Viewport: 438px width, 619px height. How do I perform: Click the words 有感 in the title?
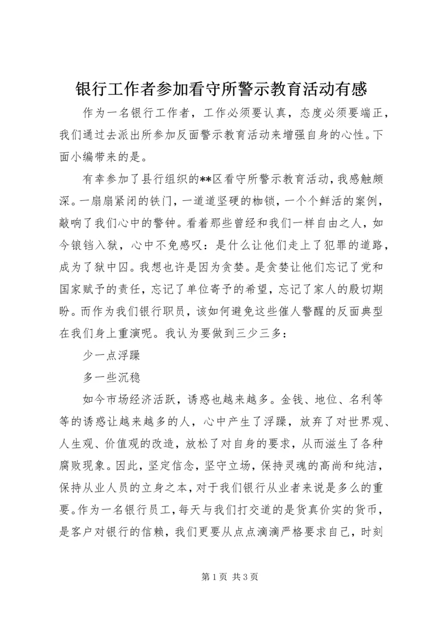click(x=351, y=88)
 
